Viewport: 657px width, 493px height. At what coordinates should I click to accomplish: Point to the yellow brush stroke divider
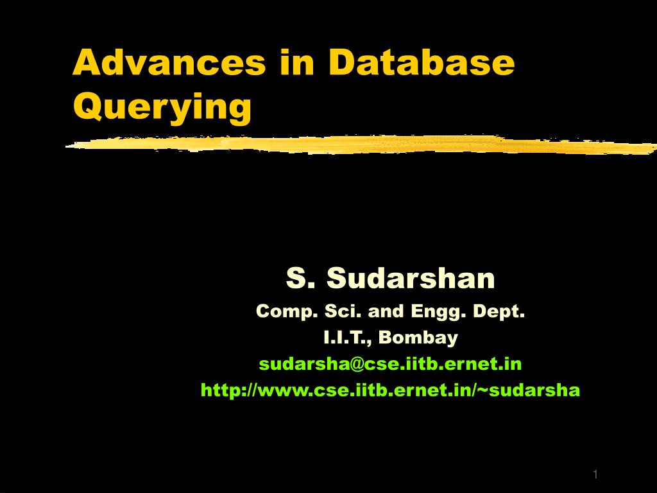click(359, 145)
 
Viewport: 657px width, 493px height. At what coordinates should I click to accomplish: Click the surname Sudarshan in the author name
click(411, 279)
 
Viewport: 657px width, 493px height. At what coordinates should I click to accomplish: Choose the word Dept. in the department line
click(499, 312)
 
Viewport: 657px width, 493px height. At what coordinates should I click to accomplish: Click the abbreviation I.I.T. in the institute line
click(347, 338)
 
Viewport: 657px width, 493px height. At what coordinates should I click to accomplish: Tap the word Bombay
click(419, 338)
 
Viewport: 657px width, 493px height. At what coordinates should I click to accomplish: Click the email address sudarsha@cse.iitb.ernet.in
click(390, 364)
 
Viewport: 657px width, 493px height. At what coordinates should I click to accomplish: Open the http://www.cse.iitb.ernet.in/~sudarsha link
click(390, 390)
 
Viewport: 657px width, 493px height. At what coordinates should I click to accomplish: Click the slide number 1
click(595, 474)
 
